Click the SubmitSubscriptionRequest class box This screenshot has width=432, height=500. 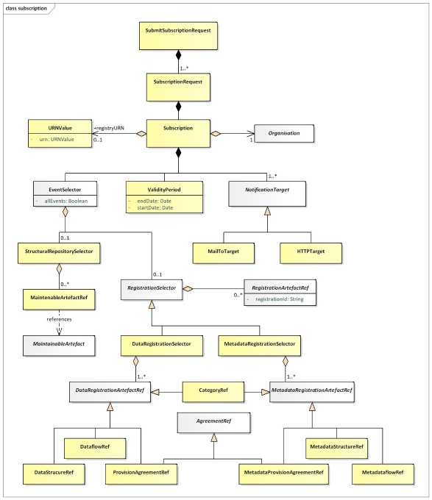coord(178,36)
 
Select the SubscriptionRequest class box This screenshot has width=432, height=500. coord(178,87)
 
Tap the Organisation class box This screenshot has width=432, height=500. coord(284,133)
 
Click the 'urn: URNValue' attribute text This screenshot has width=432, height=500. coord(57,140)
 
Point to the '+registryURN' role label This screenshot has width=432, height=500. coord(109,128)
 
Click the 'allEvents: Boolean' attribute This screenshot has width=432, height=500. coord(65,201)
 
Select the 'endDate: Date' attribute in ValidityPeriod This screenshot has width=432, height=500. coord(154,201)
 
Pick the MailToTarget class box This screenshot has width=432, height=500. coord(223,253)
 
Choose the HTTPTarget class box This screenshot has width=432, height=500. coord(311,253)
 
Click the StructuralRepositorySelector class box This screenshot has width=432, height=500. coord(59,253)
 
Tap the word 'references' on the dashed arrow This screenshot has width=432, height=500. coord(59,319)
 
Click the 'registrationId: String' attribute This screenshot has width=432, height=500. coord(280,299)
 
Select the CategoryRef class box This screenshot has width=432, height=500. coord(213,392)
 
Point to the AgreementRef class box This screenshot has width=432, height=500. coord(213,423)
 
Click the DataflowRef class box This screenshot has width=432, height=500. coord(95,449)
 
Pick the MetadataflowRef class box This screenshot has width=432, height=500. coord(383,474)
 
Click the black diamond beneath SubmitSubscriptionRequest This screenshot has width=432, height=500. coord(178,55)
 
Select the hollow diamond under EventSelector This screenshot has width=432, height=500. coord(65,212)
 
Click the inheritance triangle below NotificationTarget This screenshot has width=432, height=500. coord(267,210)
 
